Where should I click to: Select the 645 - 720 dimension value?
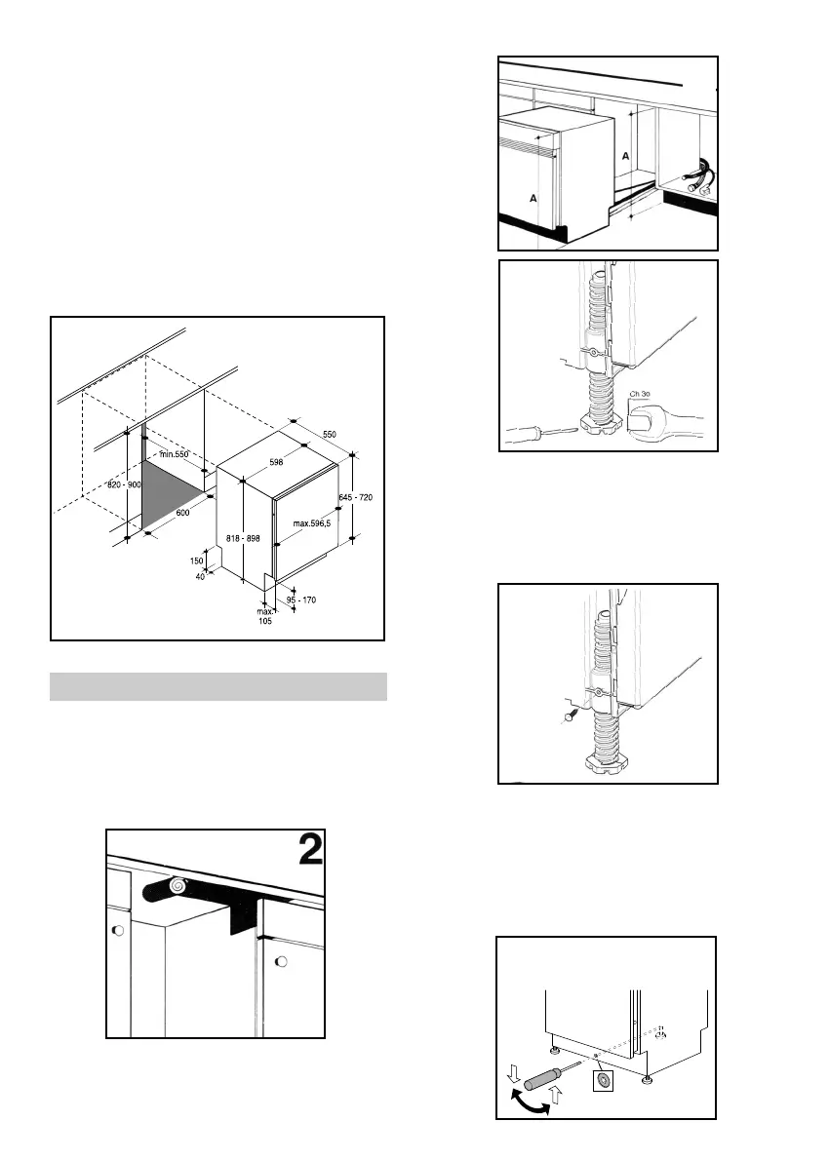point(355,497)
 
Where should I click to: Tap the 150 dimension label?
point(198,561)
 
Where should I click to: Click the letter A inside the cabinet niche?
point(624,156)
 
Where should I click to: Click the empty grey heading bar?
point(218,686)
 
